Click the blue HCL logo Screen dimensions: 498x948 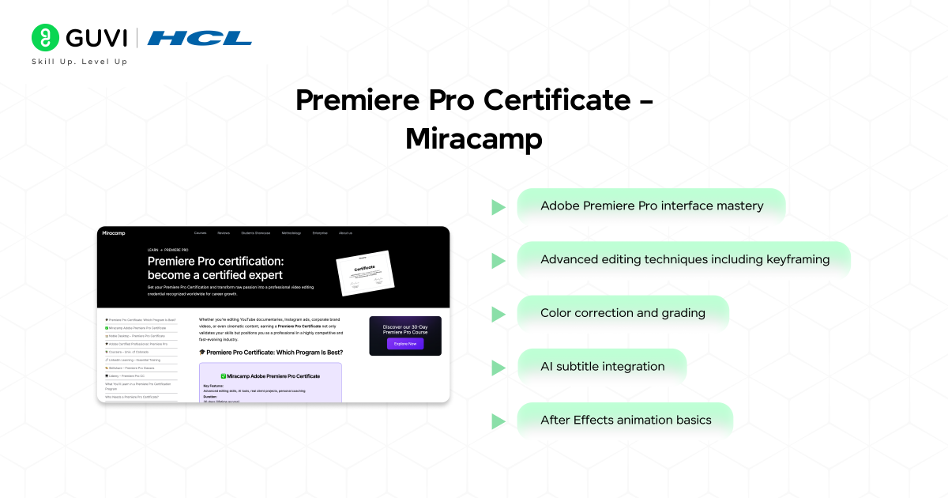tap(200, 37)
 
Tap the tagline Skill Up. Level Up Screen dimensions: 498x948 tap(79, 62)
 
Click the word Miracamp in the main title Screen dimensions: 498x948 tap(473, 139)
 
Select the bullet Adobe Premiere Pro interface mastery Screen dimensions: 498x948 tap(651, 206)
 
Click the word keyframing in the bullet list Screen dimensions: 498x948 tap(798, 259)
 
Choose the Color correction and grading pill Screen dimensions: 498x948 tap(623, 313)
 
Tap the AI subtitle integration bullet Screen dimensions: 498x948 tap(602, 367)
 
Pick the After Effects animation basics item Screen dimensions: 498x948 tap(625, 421)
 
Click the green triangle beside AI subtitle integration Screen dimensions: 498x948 tap(498, 368)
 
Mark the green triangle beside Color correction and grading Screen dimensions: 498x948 tap(498, 314)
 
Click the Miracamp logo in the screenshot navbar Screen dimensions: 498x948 tap(114, 233)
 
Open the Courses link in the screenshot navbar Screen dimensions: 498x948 tap(200, 233)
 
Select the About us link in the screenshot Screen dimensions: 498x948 tap(345, 233)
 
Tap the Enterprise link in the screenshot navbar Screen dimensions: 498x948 tap(320, 233)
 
